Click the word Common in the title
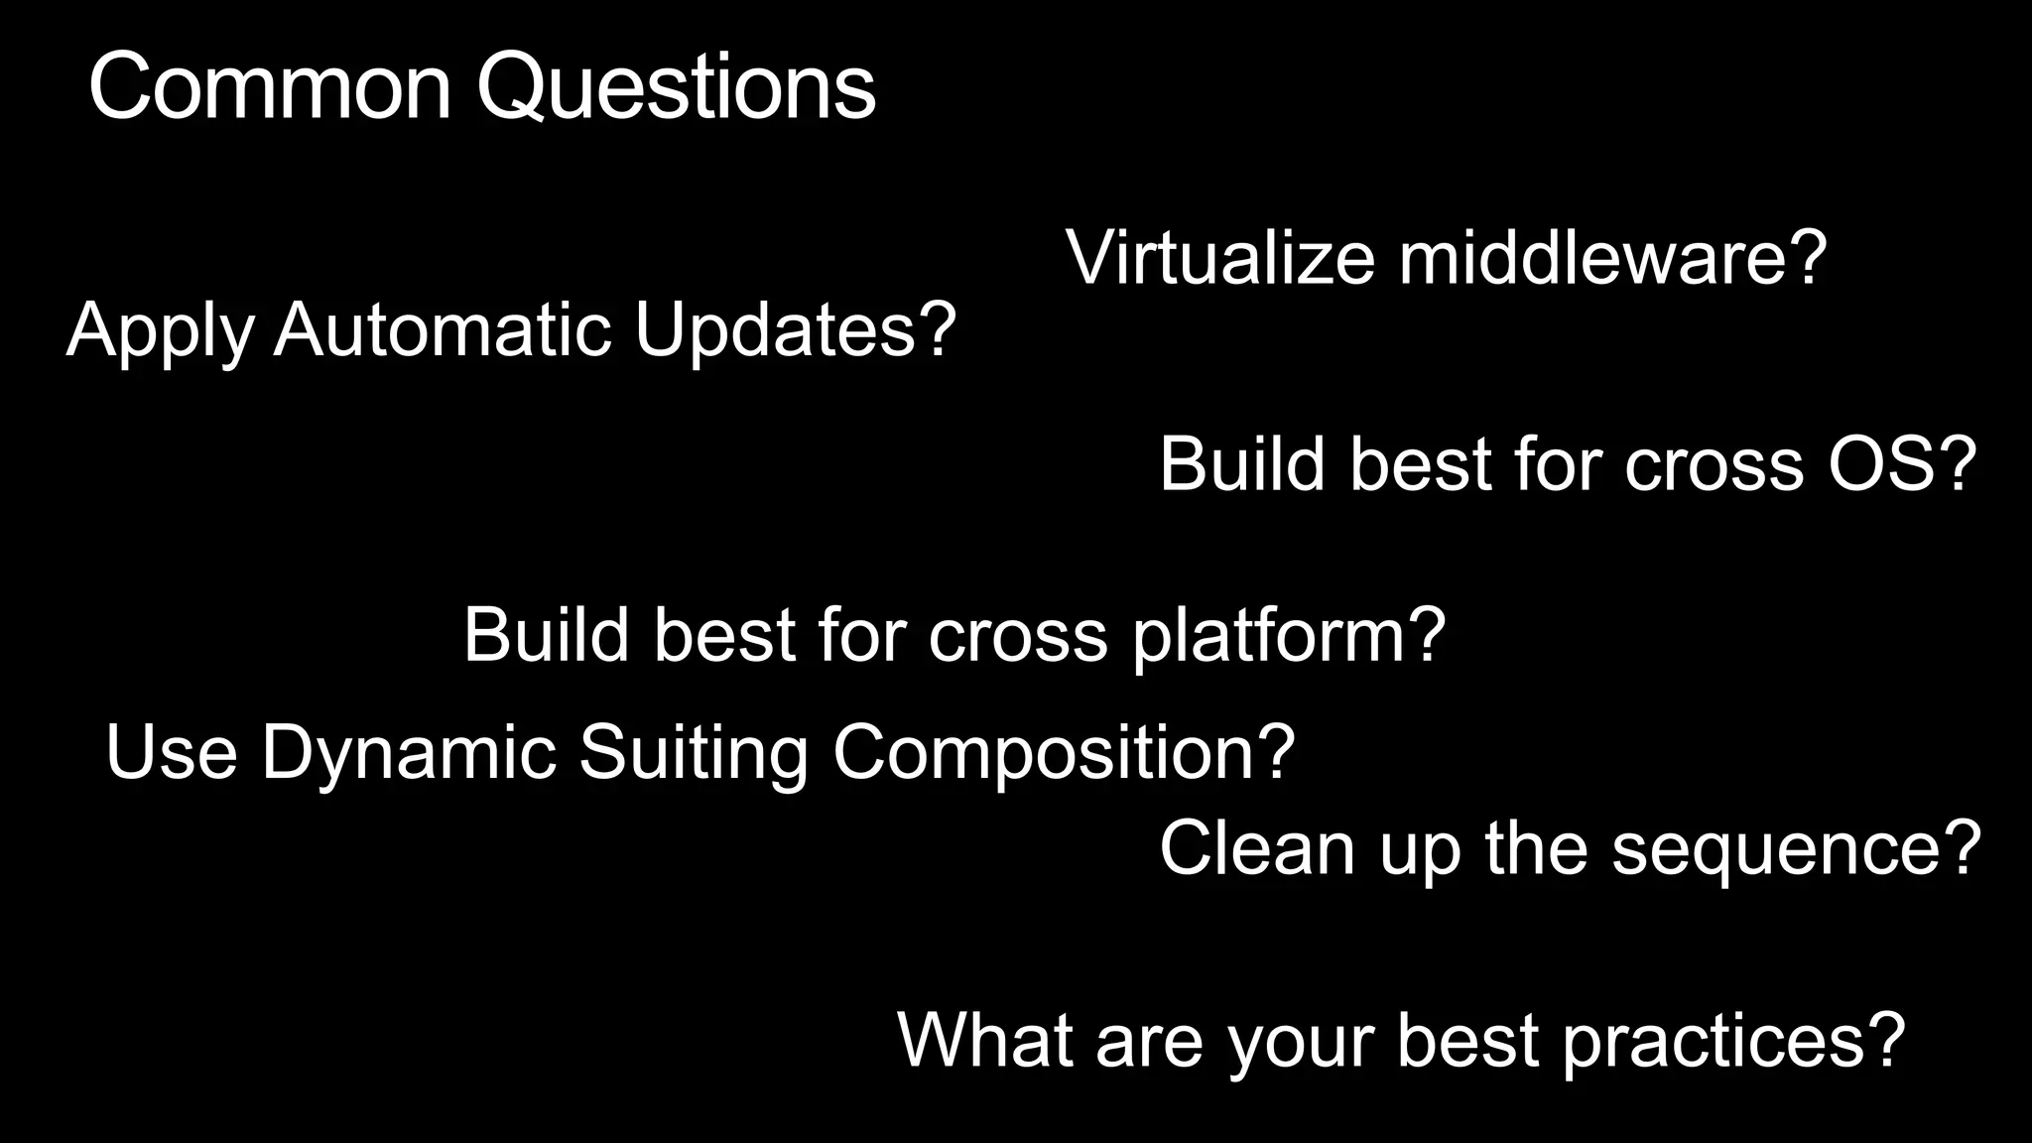pos(269,87)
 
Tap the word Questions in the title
pos(676,87)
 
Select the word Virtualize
pos(1219,258)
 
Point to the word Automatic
pos(443,329)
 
